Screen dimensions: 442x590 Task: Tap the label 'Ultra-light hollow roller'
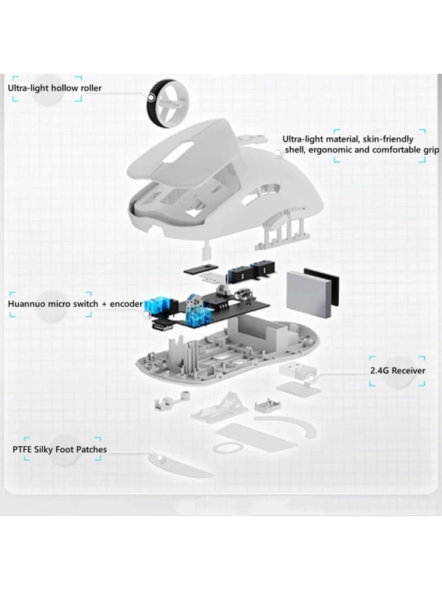[x=55, y=88]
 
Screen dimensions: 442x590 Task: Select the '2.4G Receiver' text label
[x=398, y=371]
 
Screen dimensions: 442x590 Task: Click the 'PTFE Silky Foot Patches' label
[x=60, y=449]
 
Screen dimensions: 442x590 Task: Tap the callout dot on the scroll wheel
[x=151, y=98]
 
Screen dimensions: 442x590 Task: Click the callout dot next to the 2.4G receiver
[x=311, y=378]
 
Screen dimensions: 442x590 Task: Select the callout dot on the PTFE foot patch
[x=160, y=458]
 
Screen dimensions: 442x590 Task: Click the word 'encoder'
[x=126, y=304]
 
